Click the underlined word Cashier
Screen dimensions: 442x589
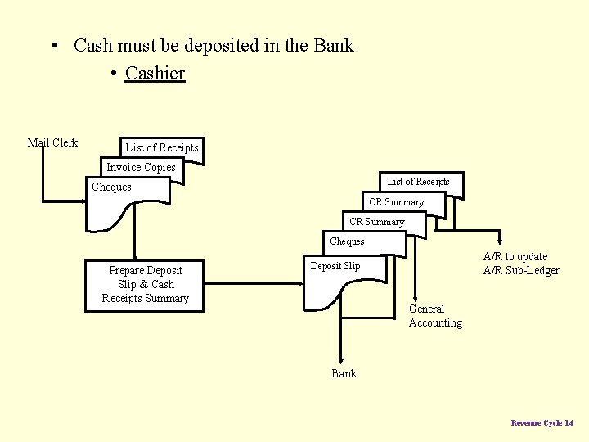(x=155, y=73)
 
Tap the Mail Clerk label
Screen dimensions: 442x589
(x=52, y=142)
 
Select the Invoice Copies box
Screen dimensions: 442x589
(x=141, y=167)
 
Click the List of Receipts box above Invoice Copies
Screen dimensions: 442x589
(x=161, y=147)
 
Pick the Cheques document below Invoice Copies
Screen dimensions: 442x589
(x=111, y=187)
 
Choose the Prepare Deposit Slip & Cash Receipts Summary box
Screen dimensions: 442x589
(x=145, y=284)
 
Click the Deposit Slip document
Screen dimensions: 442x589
(x=335, y=266)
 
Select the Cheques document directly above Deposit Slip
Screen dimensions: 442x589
(x=347, y=241)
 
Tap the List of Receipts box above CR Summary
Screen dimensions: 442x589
(x=418, y=182)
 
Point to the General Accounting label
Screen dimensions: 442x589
(x=435, y=316)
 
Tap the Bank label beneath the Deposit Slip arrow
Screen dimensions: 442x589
(x=344, y=373)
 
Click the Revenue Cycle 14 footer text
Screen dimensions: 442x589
(x=542, y=422)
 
